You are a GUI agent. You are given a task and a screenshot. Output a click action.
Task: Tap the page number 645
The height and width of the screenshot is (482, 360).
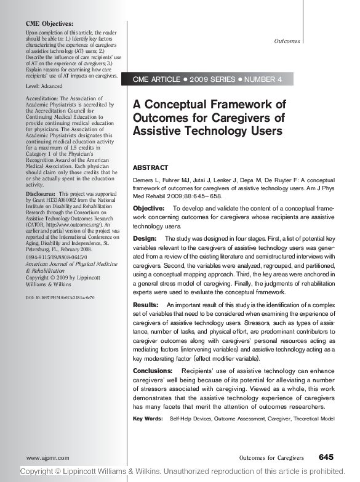326,457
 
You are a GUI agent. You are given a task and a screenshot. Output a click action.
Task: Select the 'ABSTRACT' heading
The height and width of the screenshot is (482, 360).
150,167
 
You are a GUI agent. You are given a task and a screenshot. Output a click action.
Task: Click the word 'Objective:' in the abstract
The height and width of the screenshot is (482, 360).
148,209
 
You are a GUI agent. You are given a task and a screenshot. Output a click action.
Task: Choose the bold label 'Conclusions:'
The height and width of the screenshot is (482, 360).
153,371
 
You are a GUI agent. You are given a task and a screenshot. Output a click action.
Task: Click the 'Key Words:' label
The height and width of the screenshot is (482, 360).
146,419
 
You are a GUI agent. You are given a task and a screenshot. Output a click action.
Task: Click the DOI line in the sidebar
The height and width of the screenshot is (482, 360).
60,297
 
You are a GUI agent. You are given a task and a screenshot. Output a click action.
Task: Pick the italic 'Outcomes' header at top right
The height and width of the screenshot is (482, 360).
287,41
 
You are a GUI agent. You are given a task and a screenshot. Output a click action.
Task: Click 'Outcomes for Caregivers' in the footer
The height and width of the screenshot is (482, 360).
271,458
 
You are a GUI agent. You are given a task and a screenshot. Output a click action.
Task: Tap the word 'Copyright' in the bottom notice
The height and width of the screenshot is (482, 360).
41,472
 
